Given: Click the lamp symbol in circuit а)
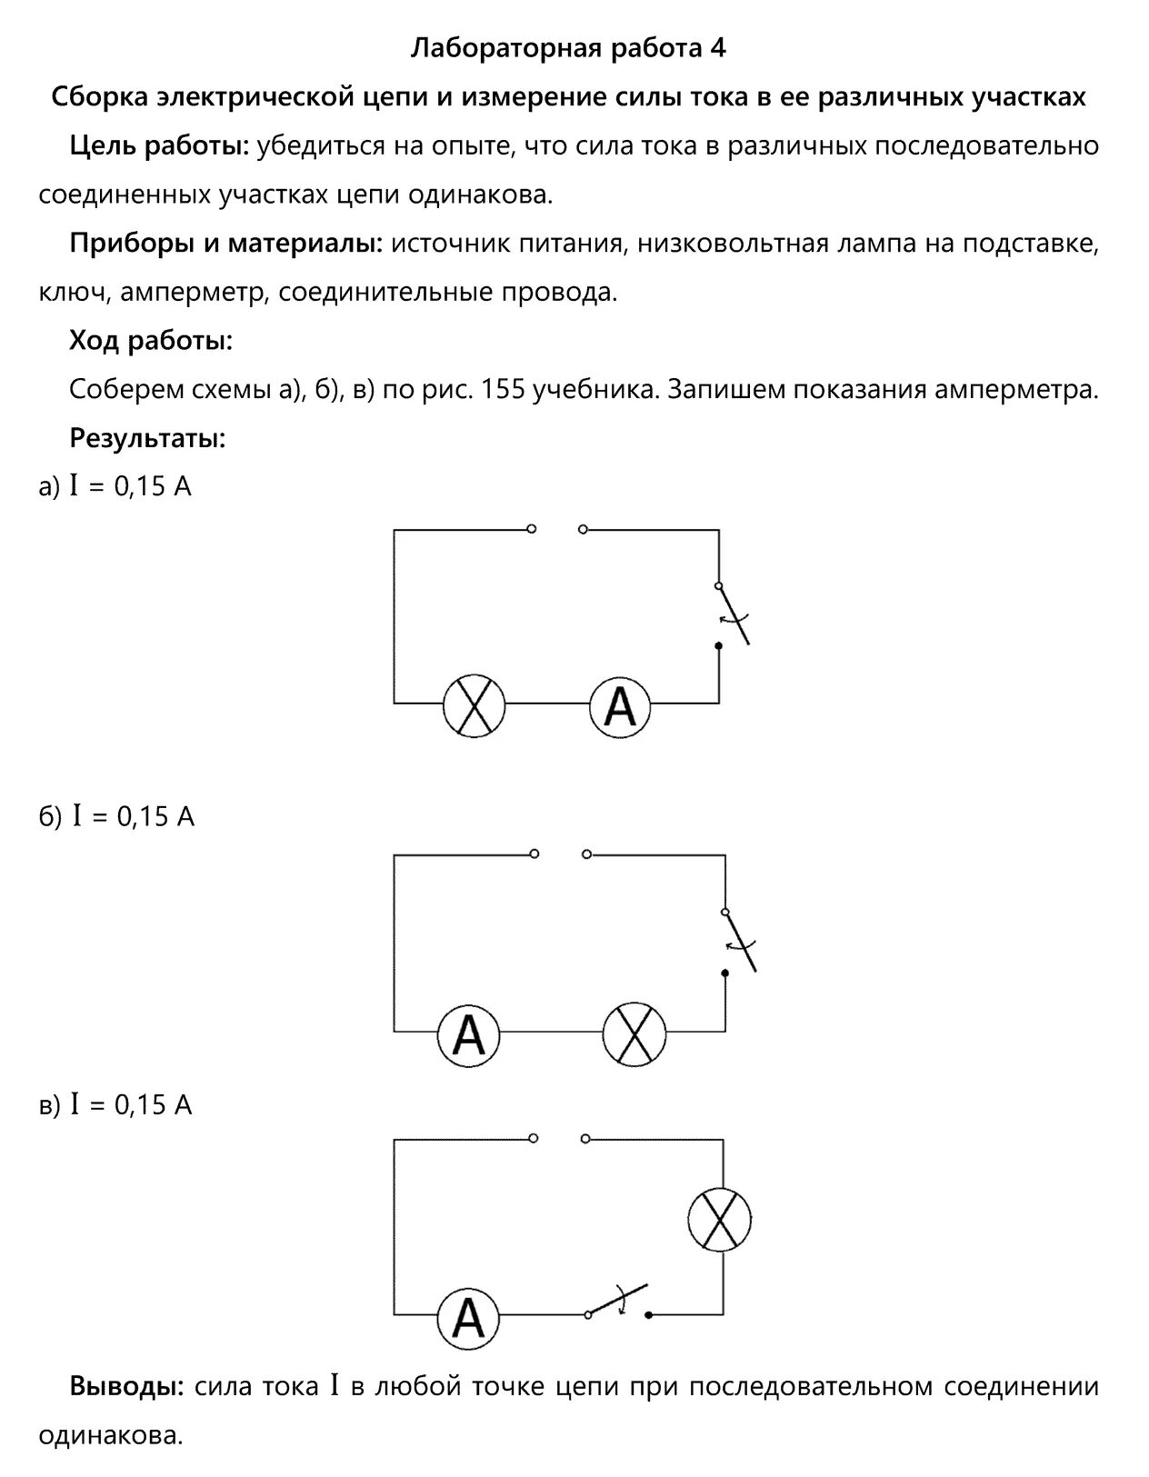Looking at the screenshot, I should (474, 706).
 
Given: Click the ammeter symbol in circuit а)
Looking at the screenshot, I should (620, 706).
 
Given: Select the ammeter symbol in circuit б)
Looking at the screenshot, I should (468, 1033).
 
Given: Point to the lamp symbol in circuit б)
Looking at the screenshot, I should (634, 1033).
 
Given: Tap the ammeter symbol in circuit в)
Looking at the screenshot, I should (468, 1320).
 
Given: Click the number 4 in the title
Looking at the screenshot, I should (718, 47).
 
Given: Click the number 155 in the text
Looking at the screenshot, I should (502, 390).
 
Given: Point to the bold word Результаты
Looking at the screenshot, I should (147, 439).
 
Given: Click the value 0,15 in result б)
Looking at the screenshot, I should (143, 817).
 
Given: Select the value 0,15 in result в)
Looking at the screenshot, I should (141, 1105).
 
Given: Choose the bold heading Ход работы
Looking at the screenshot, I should (151, 342).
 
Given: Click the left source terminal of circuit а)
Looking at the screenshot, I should (532, 528).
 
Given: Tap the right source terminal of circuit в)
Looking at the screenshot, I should (584, 1138).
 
